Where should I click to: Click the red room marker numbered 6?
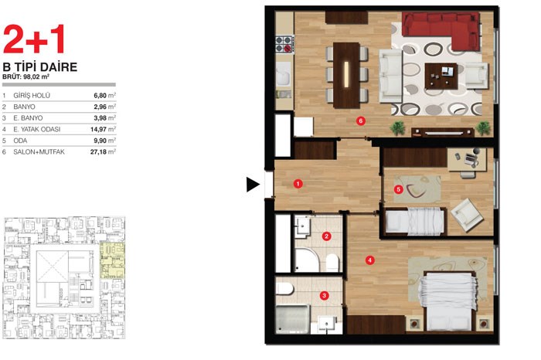point(361,121)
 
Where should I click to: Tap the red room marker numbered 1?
point(298,184)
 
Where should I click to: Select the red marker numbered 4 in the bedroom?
point(370,260)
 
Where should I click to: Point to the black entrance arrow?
point(253,185)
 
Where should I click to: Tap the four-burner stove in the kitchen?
point(284,44)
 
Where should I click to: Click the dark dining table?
point(346,75)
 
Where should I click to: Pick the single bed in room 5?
point(413,222)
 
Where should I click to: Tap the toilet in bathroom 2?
point(332,263)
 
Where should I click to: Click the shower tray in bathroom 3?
point(293,319)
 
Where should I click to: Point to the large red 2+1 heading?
point(34,39)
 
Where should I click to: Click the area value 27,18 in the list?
point(100,151)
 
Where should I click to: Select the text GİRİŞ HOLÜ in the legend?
point(32,96)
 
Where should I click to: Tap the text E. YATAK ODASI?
point(37,129)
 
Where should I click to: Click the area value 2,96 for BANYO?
point(100,107)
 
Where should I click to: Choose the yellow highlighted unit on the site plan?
point(112,260)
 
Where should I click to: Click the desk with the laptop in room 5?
point(467,159)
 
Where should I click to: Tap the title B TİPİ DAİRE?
point(40,67)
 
